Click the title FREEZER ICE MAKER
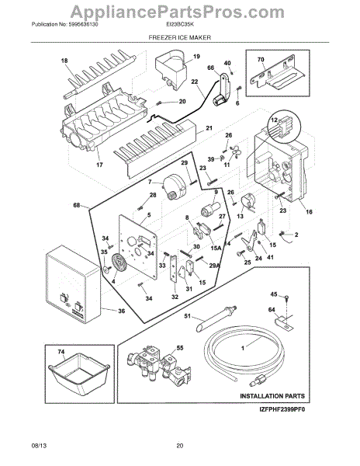point(180,37)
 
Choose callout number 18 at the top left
point(65,61)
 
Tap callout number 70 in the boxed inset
point(260,58)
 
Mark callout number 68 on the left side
point(76,206)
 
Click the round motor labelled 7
point(165,188)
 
